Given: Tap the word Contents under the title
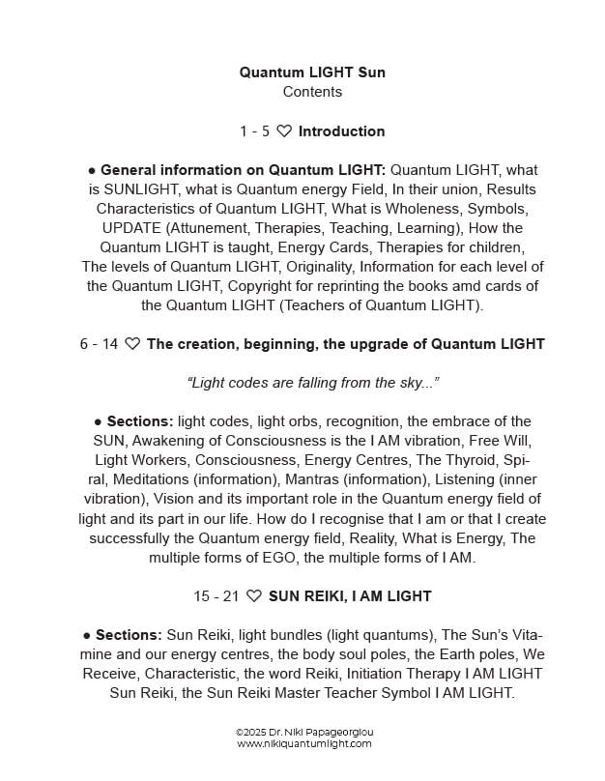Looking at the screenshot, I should pos(312,92).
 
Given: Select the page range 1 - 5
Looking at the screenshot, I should pos(254,131).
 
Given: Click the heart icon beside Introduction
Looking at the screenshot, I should pos(284,131).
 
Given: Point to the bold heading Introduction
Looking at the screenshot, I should pos(341,131).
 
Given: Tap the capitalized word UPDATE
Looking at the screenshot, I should pos(134,228).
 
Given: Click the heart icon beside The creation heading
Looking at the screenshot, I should pos(132,344).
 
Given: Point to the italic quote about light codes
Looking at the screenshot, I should pos(312,383).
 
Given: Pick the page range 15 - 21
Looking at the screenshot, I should pos(216,596).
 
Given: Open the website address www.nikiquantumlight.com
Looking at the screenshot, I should pos(303,744).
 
